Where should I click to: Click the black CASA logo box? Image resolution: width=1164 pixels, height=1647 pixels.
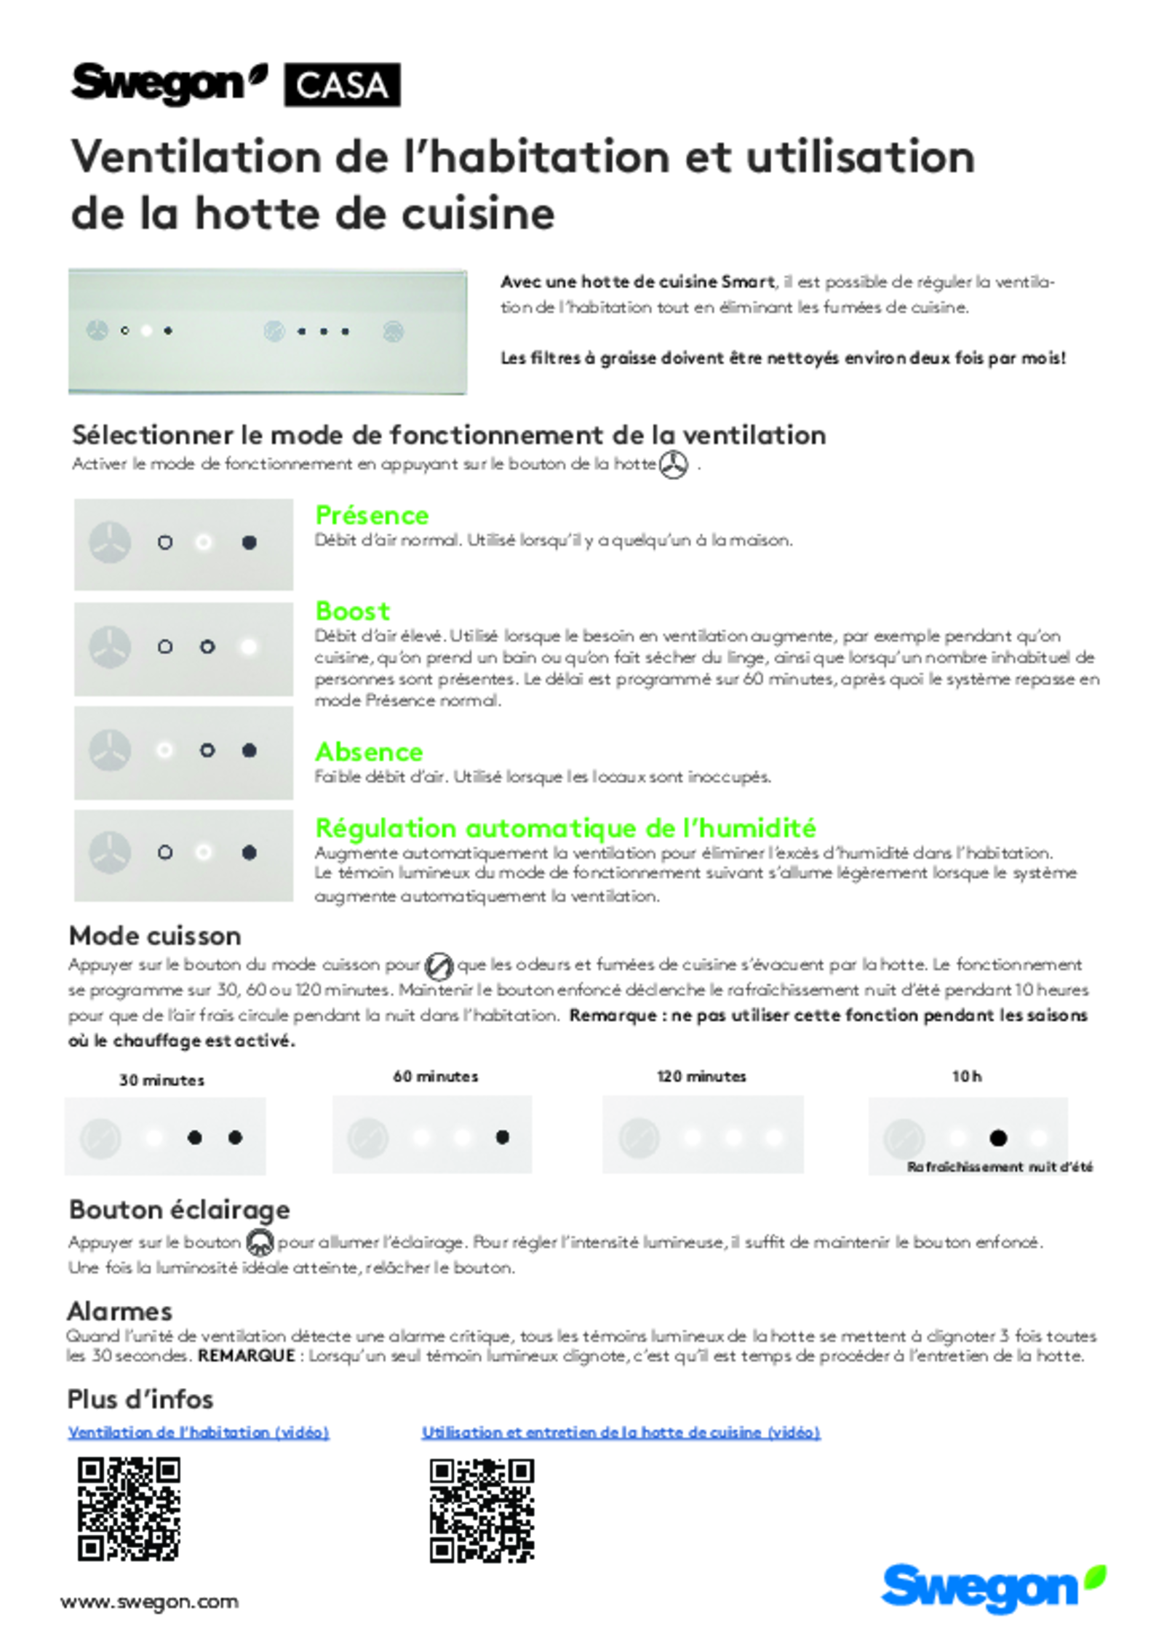point(341,85)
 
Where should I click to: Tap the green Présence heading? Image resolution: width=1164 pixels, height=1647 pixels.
point(372,515)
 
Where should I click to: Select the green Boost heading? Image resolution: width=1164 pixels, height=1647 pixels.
point(352,610)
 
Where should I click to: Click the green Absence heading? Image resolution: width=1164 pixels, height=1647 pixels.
point(369,751)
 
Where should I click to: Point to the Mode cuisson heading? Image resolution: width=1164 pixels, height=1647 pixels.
point(155,936)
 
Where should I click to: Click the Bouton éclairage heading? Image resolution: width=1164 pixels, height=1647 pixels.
point(179,1210)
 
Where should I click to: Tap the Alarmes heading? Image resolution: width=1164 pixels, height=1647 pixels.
point(119,1312)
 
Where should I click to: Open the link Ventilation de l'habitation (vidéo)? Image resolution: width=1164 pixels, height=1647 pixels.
point(199,1432)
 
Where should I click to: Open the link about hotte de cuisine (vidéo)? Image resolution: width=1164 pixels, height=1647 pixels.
point(621,1432)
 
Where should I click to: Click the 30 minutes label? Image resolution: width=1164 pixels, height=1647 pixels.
point(162,1080)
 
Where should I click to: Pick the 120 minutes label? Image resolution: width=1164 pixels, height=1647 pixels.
point(701,1077)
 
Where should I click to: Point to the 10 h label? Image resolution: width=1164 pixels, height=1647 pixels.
point(966,1077)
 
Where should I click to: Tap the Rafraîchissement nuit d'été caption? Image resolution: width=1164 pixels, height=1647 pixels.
point(1000,1167)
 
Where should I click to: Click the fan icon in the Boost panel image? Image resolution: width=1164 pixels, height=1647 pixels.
point(110,647)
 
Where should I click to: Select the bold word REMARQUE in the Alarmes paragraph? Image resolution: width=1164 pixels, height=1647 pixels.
point(246,1356)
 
